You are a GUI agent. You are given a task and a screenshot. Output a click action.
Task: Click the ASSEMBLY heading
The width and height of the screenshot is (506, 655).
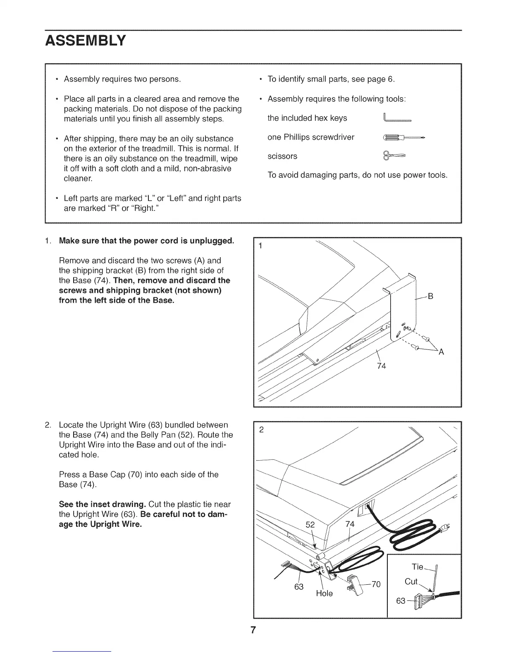86,41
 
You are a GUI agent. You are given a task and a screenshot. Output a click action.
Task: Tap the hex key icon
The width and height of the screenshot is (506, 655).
397,118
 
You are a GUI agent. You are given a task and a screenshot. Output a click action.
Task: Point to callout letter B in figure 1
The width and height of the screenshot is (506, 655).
430,296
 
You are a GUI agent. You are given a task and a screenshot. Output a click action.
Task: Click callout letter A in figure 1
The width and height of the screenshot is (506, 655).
441,352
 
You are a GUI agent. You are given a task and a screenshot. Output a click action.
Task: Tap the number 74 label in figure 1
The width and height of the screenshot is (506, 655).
381,366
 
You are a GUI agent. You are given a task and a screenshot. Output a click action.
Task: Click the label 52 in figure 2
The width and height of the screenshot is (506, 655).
310,525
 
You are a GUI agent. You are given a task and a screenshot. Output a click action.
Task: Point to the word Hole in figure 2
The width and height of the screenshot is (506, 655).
324,593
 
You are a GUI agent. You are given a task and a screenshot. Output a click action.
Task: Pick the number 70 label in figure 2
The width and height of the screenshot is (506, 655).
375,584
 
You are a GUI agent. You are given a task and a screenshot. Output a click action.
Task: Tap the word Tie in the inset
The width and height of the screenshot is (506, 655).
418,566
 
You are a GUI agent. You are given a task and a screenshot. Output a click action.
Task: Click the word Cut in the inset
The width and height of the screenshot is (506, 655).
411,581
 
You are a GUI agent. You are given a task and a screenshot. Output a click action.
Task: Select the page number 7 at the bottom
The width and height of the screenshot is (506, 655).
253,630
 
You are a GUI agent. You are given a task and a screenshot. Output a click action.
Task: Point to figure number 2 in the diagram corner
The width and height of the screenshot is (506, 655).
261,430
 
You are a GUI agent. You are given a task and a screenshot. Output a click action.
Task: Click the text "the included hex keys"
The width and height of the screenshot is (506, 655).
307,118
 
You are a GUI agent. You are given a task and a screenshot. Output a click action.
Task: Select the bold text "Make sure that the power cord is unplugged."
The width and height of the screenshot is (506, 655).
147,241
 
